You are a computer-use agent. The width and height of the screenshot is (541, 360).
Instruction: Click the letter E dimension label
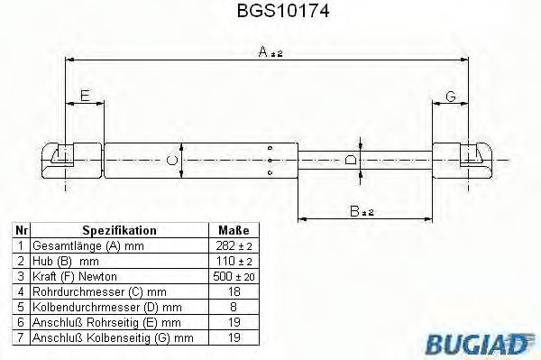point(84,97)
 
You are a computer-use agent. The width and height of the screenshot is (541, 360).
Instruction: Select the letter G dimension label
point(452,97)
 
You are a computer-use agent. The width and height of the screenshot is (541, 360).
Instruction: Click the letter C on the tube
point(172,161)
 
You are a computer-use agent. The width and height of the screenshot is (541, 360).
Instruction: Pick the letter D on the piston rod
point(351,160)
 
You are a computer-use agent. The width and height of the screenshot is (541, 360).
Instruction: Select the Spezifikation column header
point(119,231)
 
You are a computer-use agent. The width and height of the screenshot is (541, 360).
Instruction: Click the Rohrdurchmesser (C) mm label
point(93,291)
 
